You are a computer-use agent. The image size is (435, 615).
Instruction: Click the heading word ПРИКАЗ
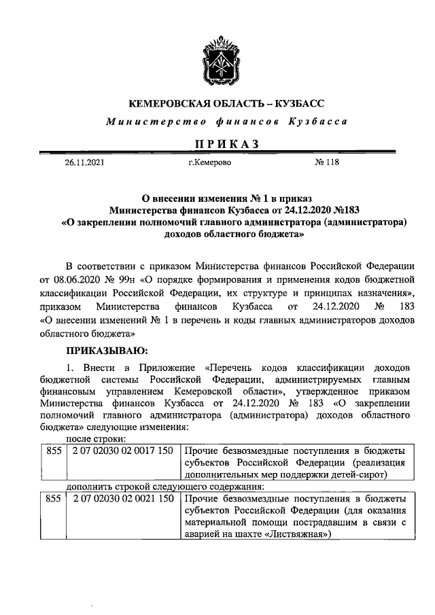tap(217, 143)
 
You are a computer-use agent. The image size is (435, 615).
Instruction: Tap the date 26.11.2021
tap(85, 162)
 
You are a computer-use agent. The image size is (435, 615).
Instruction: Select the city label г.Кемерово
tap(209, 162)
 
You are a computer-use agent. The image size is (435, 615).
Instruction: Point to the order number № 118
tap(327, 162)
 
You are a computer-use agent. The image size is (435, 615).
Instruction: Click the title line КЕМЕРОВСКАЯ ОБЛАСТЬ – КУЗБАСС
tap(217, 104)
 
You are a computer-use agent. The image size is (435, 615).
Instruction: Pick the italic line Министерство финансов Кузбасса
tap(217, 122)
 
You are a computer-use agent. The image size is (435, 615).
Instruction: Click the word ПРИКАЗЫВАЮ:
tap(103, 351)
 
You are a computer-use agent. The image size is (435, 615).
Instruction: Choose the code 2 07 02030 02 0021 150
tap(121, 499)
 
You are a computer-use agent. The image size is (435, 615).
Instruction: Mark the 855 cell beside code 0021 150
tap(52, 499)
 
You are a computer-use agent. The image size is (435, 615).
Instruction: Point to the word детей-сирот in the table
tap(377, 475)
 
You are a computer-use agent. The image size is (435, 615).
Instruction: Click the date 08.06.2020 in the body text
tap(81, 279)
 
